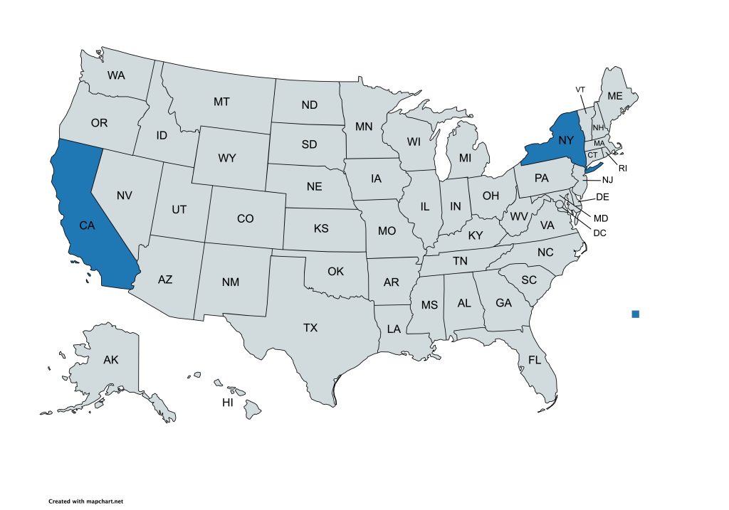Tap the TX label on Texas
[x=310, y=328]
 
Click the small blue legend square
[x=636, y=314]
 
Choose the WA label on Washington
[x=117, y=75]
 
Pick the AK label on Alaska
[x=110, y=360]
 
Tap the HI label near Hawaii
[x=228, y=403]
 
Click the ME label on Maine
[x=614, y=96]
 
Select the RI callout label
[x=622, y=169]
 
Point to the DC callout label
[x=599, y=232]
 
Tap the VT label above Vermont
[x=580, y=90]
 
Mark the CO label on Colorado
[x=245, y=218]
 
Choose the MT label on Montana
[x=221, y=102]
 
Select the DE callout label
[x=602, y=196]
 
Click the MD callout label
[x=601, y=218]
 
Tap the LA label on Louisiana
[x=394, y=329]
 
